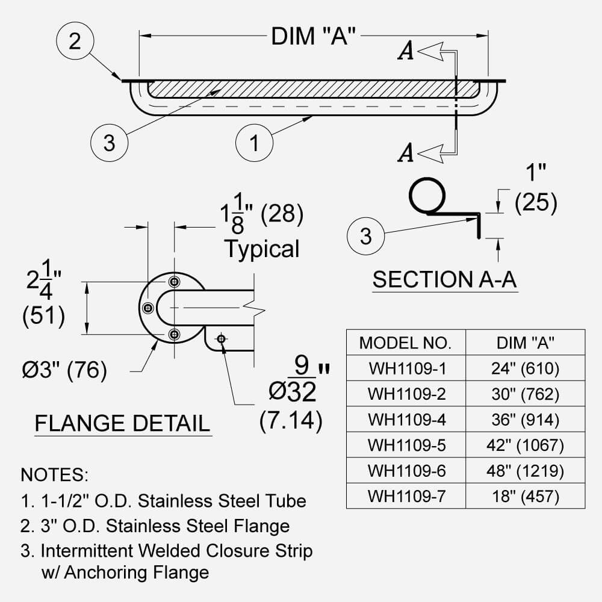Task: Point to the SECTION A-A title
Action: (444, 280)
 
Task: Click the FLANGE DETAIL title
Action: (122, 423)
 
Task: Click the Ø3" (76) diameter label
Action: (64, 369)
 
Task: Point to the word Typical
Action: (261, 249)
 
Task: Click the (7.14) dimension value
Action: (291, 421)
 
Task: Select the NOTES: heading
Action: (55, 474)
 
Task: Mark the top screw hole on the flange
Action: (174, 282)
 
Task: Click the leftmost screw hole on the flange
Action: (147, 308)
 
